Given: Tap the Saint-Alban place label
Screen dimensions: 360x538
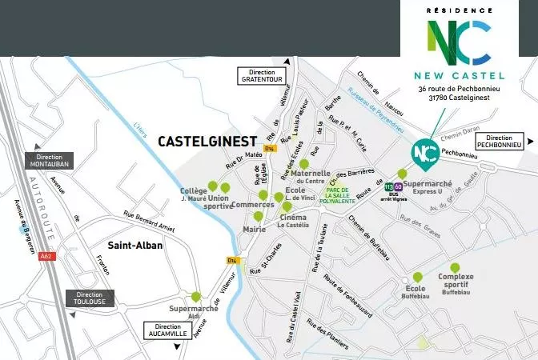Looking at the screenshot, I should coord(135,245).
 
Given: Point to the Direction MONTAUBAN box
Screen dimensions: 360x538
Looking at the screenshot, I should coord(50,159).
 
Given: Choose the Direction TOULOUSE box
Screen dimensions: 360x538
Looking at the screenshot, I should coord(90,298).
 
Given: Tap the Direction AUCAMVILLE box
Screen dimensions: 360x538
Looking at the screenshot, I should coord(168,330).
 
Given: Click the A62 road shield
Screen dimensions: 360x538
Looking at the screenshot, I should coord(47,256).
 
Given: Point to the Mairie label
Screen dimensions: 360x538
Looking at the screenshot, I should coord(254,230).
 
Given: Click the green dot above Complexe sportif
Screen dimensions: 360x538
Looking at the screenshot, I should coord(455,268).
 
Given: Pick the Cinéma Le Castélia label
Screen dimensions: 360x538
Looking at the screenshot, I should coord(293,220).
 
